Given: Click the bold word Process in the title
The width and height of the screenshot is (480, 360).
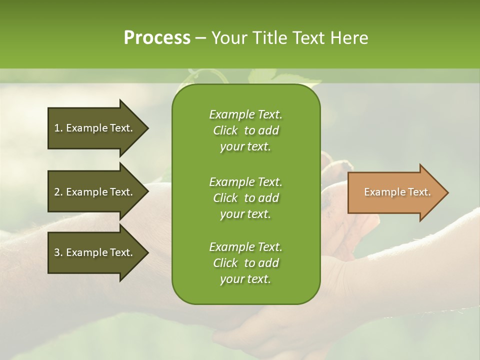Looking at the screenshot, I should pos(157,38).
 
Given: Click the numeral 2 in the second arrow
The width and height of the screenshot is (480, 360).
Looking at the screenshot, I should pos(57,192).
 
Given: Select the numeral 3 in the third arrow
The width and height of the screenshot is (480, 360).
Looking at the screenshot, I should pos(57,252).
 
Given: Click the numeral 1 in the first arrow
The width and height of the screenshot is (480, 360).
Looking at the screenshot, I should pos(57,128).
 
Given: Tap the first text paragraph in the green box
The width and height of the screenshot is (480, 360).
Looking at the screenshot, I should pos(245,130).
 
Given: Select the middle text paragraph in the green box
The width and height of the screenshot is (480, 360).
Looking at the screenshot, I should pos(245,198).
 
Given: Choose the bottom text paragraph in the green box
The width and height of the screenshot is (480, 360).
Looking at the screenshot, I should pos(245,263).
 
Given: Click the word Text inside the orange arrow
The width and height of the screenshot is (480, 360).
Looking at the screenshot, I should pos(419,192).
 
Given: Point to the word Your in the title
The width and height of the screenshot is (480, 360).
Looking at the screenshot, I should pos(229,38).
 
